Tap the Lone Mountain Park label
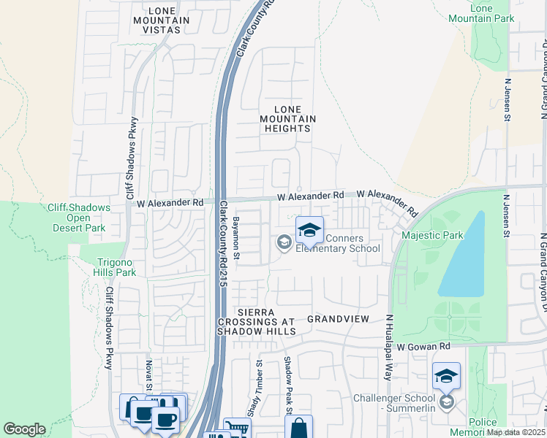[491, 12]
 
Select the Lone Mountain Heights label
[288, 118]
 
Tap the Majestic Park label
[432, 236]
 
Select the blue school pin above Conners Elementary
[310, 230]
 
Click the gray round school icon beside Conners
[283, 242]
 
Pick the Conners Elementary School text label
[337, 243]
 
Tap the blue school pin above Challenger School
[446, 376]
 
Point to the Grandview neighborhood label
[336, 319]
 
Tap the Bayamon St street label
[236, 237]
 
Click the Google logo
[24, 429]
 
